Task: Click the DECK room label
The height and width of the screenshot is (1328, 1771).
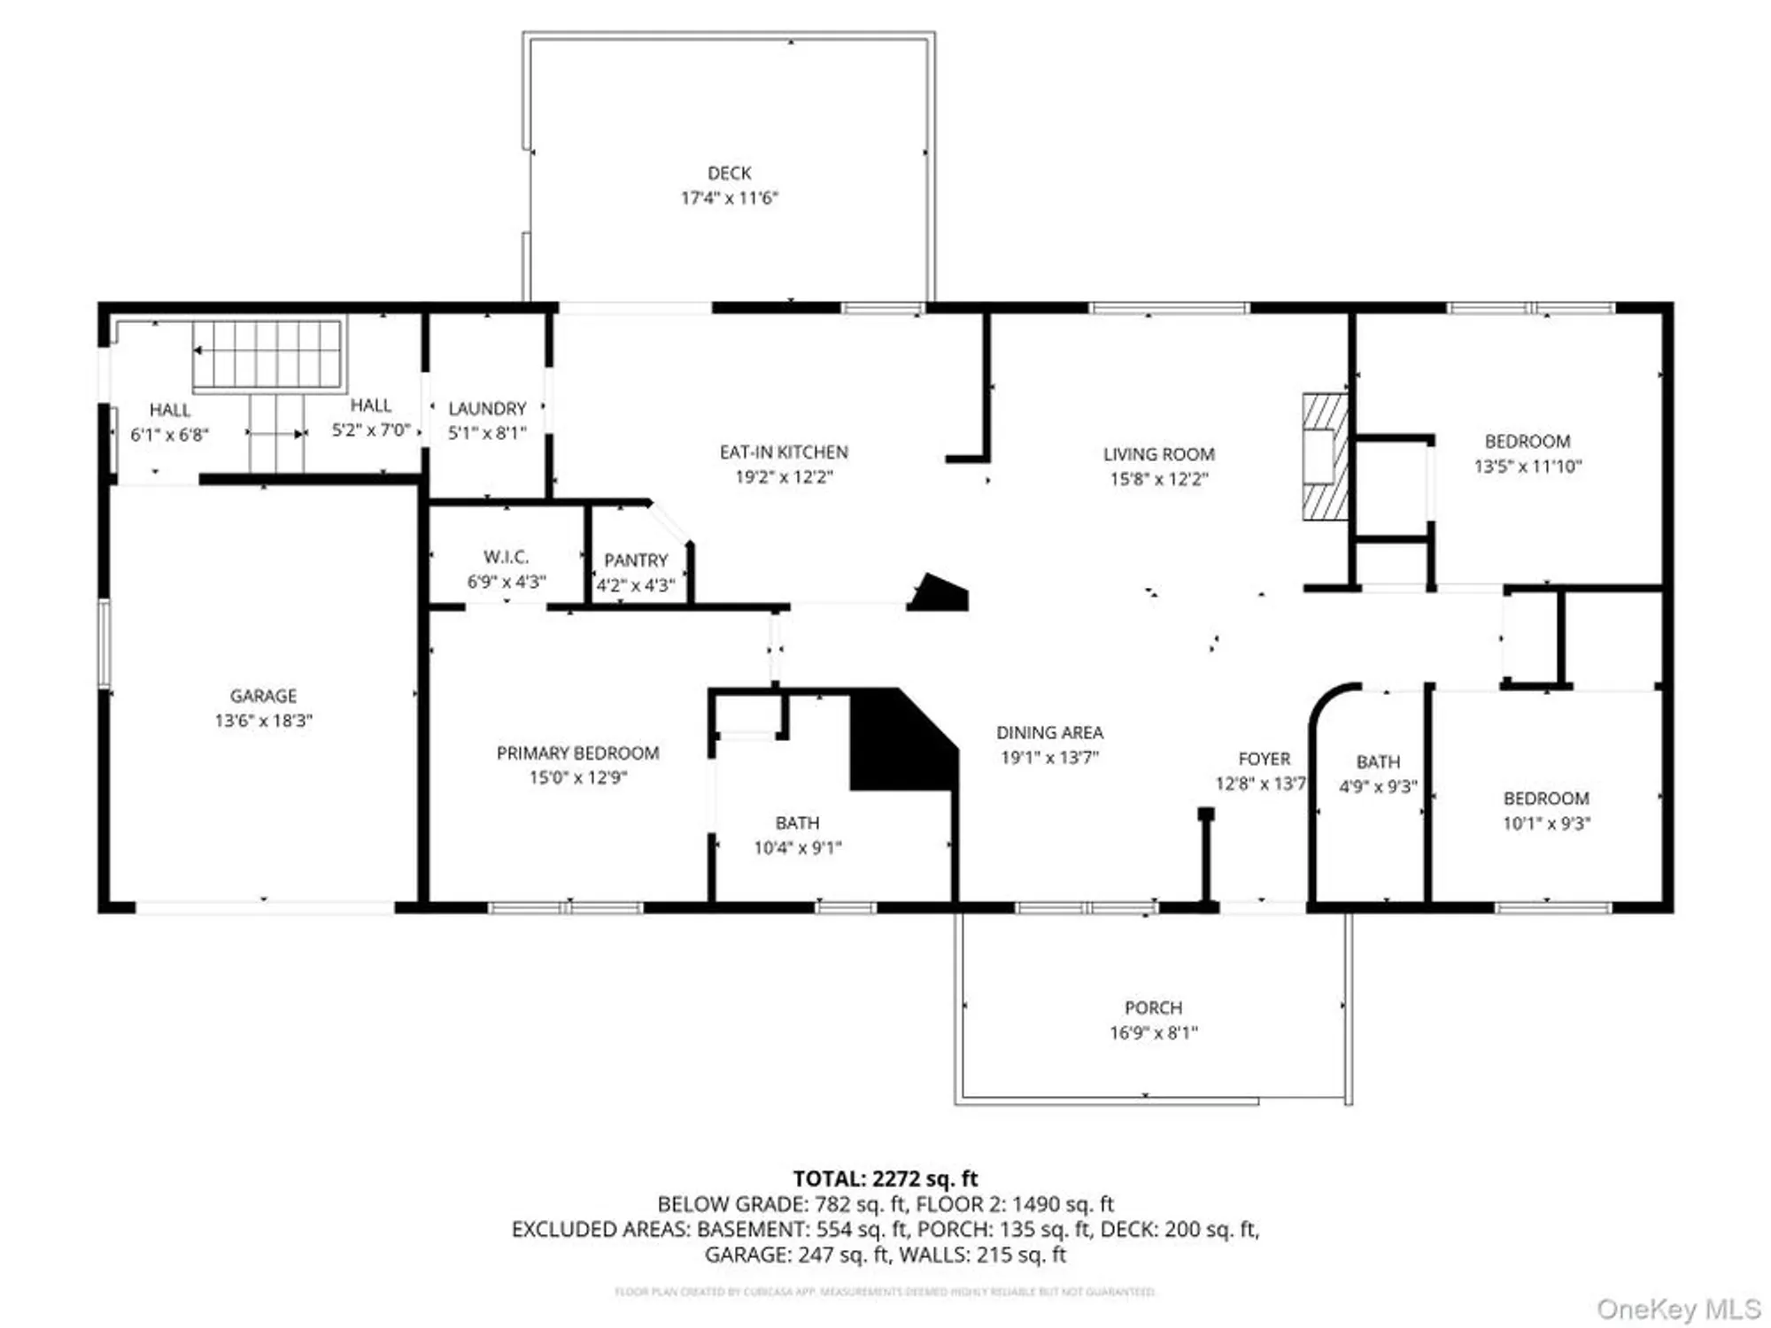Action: click(729, 174)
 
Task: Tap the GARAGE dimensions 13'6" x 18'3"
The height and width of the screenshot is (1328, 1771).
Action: click(263, 721)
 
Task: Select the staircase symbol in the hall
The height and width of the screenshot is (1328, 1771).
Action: click(267, 354)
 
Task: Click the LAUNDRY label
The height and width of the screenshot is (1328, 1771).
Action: click(487, 408)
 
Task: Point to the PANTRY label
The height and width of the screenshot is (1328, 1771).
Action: click(636, 560)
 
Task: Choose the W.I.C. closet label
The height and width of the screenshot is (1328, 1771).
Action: click(506, 557)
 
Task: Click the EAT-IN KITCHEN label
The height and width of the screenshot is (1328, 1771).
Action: click(784, 452)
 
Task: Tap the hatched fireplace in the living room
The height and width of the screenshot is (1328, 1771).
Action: click(1325, 456)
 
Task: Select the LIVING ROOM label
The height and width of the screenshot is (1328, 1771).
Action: click(1158, 454)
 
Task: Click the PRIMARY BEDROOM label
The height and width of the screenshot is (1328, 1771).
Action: click(577, 753)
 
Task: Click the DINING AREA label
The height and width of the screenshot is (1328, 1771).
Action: click(1049, 733)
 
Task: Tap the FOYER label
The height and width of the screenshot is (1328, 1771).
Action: click(1264, 759)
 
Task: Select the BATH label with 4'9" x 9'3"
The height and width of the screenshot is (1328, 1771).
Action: click(1378, 761)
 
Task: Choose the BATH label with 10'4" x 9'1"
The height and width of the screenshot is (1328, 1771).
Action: click(797, 822)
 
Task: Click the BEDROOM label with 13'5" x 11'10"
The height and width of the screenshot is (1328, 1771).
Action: click(1527, 441)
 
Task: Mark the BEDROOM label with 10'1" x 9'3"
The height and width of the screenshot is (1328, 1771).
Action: click(1546, 799)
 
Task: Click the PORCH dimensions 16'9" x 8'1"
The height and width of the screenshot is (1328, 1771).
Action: click(1153, 1032)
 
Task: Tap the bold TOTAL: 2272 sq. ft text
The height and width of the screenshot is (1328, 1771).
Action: click(885, 1178)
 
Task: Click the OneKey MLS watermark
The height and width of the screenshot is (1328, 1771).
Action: click(1678, 1309)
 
